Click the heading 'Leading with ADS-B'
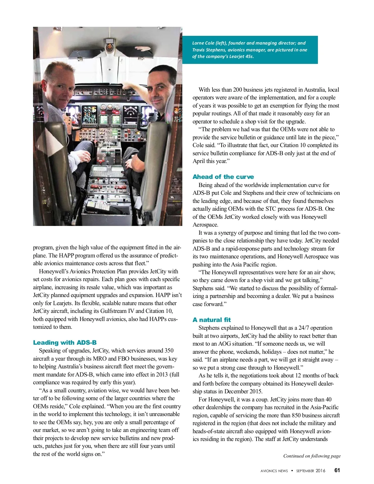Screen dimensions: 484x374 coord(65,343)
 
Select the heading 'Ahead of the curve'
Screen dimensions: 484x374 coord(223,177)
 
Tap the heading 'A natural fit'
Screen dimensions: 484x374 coord(212,320)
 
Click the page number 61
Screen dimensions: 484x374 coord(337,470)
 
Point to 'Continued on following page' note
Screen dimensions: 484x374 coord(312,456)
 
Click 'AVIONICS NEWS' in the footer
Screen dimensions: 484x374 coord(274,471)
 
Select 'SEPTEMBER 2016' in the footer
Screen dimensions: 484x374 coord(310,471)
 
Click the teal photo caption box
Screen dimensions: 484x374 coord(250,50)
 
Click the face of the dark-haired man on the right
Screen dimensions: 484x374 coord(161,90)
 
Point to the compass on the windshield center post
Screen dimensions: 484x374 coord(109,46)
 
